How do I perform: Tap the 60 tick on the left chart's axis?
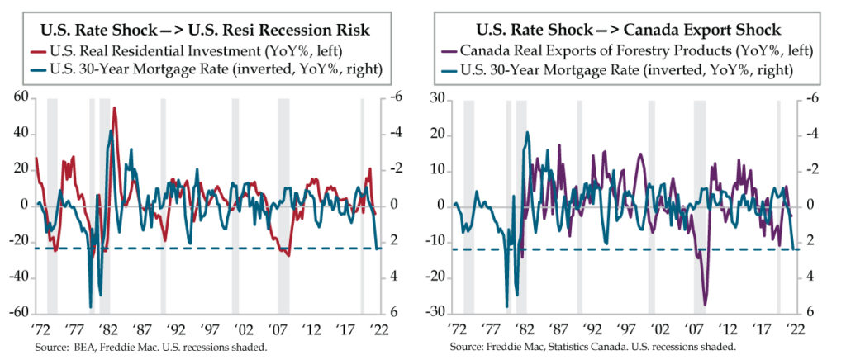(20, 97)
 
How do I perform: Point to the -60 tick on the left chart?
(17, 315)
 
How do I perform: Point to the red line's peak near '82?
(114, 108)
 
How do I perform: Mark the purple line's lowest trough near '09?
(706, 304)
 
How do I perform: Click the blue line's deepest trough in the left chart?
(91, 306)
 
